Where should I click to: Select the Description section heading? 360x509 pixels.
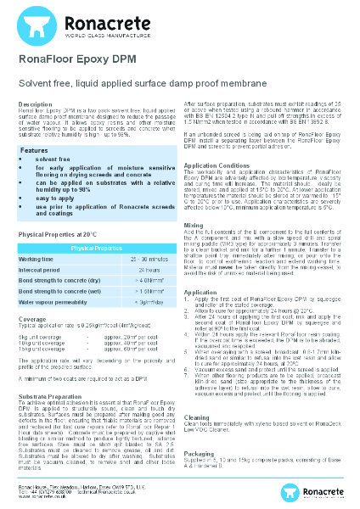[37, 103]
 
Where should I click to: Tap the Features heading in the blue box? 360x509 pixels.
[36, 149]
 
